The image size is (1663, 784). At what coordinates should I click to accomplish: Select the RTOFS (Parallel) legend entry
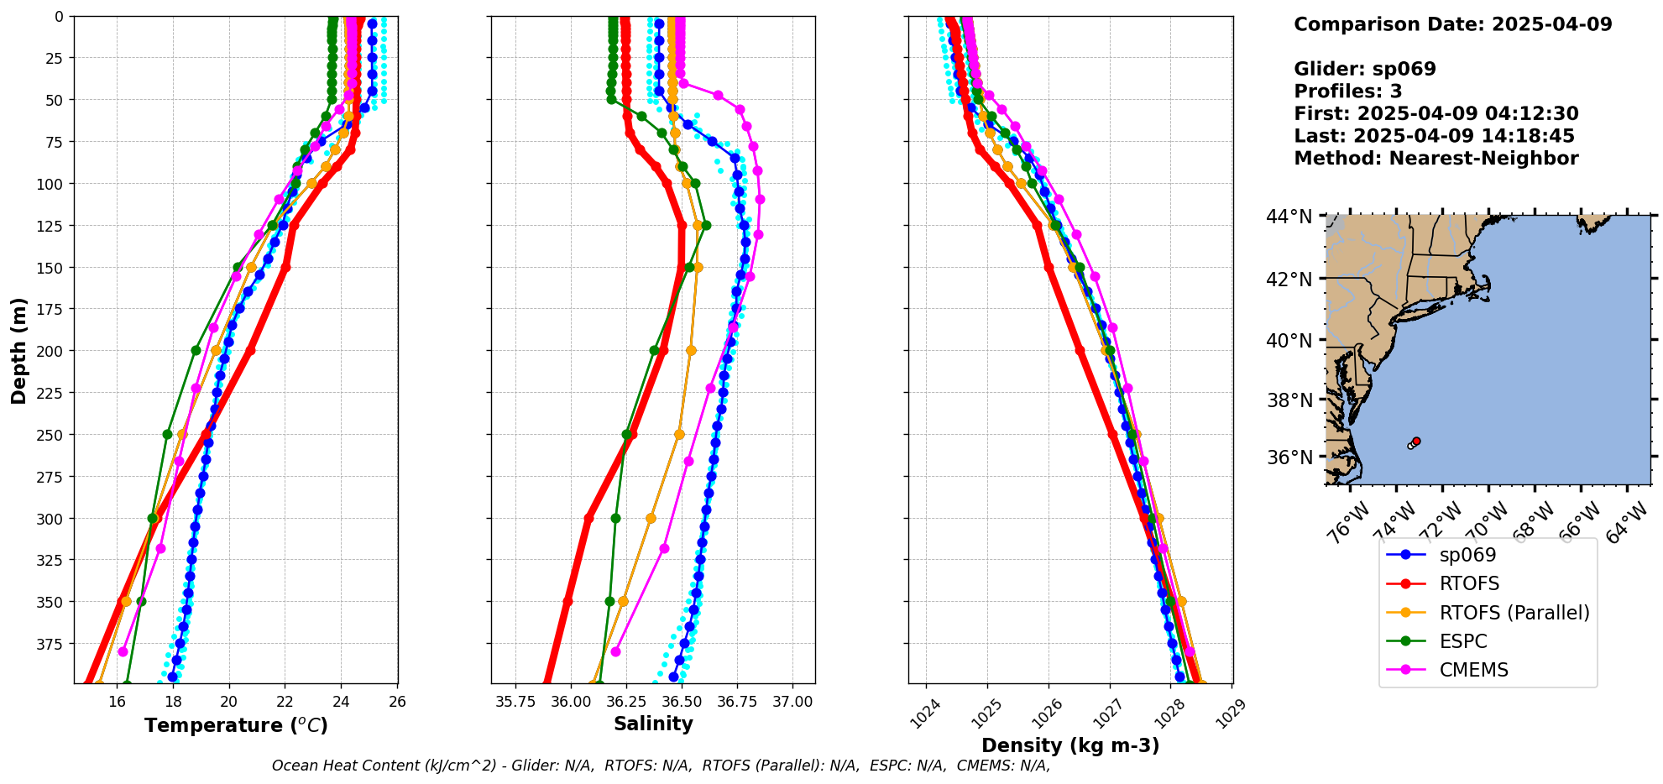tap(1514, 613)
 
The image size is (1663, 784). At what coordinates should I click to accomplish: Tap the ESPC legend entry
tap(1463, 641)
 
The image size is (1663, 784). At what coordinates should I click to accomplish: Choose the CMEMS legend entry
tap(1473, 670)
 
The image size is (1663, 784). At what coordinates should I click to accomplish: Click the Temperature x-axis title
tap(236, 725)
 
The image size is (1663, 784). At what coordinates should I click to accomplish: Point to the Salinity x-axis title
tap(653, 724)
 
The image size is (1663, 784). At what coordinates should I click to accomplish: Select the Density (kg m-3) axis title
tap(1070, 745)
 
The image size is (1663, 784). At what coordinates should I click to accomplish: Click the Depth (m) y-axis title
tap(18, 350)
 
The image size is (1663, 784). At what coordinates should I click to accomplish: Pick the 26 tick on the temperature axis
tap(398, 702)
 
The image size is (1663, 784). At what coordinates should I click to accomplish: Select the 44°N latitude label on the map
tap(1289, 217)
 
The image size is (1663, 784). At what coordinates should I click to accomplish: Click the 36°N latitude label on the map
tap(1289, 457)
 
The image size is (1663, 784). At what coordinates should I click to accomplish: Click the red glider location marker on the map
tap(1416, 441)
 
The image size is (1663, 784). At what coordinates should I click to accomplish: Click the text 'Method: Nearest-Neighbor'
tap(1436, 159)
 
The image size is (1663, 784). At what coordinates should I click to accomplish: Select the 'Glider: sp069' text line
tap(1364, 69)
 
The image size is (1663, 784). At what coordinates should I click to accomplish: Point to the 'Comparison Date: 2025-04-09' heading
tap(1452, 24)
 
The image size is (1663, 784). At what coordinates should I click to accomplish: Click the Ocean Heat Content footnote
tap(661, 766)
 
